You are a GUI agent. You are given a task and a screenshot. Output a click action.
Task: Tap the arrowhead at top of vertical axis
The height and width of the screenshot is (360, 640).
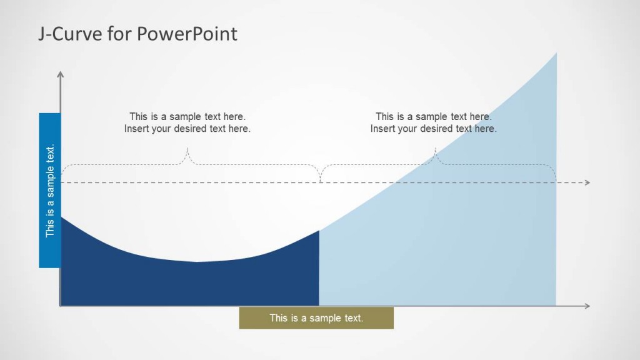61,74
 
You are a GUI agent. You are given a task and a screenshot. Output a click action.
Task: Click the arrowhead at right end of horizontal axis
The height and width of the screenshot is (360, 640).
586,306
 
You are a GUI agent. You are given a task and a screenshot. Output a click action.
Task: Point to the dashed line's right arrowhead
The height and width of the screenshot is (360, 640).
586,182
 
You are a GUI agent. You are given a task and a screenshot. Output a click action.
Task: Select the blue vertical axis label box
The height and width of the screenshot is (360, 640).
50,191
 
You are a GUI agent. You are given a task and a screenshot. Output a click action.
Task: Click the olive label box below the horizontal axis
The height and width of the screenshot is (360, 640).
316,318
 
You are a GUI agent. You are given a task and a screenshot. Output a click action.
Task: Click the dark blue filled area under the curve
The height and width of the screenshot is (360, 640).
187,284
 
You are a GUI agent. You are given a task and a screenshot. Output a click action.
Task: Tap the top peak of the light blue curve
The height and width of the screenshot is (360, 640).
556,54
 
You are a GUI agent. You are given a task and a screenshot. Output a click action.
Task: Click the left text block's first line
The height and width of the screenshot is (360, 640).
187,116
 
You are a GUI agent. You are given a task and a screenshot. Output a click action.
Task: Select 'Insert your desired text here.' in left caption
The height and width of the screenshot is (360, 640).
187,129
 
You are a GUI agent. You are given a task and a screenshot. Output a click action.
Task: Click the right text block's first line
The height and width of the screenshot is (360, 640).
434,116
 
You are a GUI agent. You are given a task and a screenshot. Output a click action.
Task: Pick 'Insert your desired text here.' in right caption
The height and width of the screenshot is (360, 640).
434,129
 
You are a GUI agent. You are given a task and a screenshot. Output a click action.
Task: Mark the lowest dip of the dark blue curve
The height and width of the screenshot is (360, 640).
197,262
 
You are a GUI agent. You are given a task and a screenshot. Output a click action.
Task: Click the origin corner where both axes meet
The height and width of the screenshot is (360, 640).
61,306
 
